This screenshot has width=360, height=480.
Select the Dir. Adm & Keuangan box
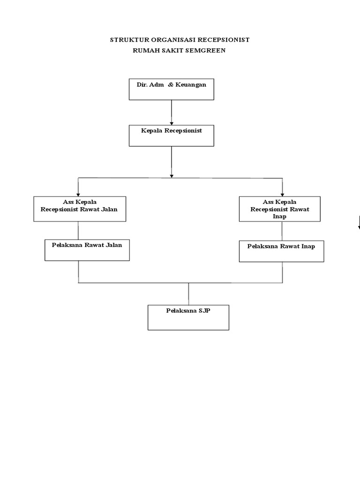click(172, 90)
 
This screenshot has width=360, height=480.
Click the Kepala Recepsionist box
click(172, 135)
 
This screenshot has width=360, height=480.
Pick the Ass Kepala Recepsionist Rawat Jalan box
click(80, 209)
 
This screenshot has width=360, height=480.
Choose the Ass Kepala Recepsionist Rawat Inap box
click(280, 209)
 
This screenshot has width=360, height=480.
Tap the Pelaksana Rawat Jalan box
click(87, 250)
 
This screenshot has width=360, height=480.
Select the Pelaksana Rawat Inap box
click(282, 251)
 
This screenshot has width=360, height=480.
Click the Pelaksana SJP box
click(188, 317)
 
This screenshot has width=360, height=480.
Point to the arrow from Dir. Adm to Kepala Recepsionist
click(172, 112)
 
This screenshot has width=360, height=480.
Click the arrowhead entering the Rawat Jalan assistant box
click(78, 195)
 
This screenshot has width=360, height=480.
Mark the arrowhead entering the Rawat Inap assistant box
click(282, 195)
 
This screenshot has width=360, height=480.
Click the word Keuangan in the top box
click(191, 85)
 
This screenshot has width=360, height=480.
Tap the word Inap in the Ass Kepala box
click(279, 217)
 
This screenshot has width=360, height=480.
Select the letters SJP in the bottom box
click(204, 311)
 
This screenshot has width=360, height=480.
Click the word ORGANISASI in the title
click(173, 40)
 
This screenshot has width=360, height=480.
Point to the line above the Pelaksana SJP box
click(188, 294)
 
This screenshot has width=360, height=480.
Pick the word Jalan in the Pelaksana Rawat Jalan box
click(113, 245)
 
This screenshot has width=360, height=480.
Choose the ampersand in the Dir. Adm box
click(171, 85)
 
